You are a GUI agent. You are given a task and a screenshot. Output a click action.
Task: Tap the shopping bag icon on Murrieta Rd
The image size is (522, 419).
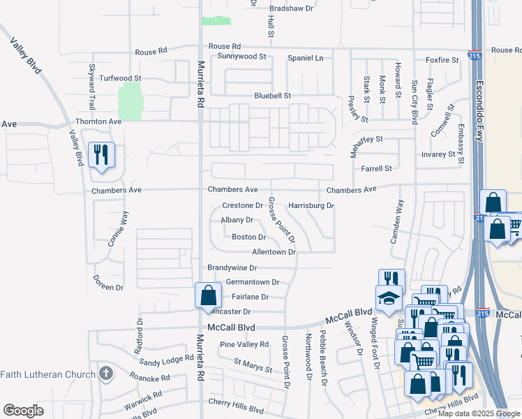208,295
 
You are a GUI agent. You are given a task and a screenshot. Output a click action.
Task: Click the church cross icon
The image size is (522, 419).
105,374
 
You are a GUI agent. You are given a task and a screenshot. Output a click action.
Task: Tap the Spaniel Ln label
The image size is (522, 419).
306,58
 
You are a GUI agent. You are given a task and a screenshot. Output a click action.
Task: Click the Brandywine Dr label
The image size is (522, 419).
232,267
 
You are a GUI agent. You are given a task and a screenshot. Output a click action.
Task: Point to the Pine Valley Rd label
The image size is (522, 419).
244,344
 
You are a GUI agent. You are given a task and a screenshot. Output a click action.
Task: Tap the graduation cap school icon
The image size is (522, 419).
388,298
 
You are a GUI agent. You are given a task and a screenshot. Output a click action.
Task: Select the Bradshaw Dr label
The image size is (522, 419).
292,9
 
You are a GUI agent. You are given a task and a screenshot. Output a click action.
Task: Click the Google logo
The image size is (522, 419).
23,411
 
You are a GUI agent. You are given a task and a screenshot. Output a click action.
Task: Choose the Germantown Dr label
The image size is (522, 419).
253,282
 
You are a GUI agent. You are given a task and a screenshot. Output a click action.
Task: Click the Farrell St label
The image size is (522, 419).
376,168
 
